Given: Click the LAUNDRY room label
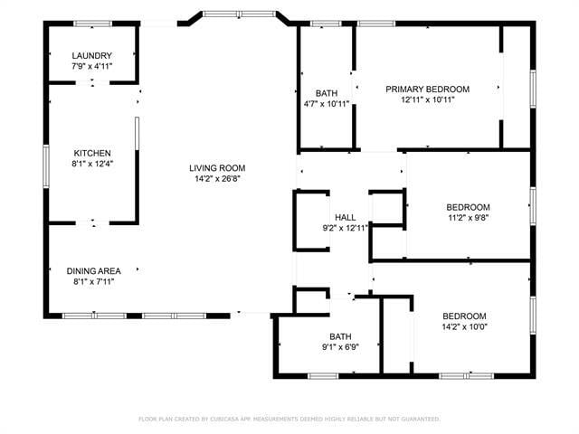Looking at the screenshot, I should pyautogui.click(x=91, y=56).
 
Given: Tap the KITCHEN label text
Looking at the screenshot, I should pyautogui.click(x=91, y=153).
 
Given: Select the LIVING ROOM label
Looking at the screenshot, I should pyautogui.click(x=217, y=167).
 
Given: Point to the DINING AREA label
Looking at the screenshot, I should pyautogui.click(x=93, y=270).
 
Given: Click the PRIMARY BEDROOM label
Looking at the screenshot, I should pyautogui.click(x=427, y=89).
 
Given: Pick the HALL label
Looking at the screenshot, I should pyautogui.click(x=345, y=218).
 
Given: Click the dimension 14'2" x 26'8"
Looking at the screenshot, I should pyautogui.click(x=217, y=178).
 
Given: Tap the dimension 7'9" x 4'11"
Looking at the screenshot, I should pyautogui.click(x=91, y=67).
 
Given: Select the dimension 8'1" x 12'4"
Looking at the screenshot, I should pyautogui.click(x=91, y=164).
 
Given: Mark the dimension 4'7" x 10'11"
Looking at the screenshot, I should pyautogui.click(x=327, y=104).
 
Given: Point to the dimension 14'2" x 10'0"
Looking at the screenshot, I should pyautogui.click(x=464, y=326).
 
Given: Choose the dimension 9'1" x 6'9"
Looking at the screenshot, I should pyautogui.click(x=340, y=347).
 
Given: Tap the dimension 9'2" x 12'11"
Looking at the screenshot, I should pyautogui.click(x=345, y=229).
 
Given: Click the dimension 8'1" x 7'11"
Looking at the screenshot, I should pyautogui.click(x=93, y=281).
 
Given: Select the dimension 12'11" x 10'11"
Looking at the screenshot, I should pyautogui.click(x=427, y=99).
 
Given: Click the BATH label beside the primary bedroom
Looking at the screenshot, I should pyautogui.click(x=327, y=93).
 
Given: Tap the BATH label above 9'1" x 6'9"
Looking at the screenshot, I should pyautogui.click(x=340, y=336).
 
